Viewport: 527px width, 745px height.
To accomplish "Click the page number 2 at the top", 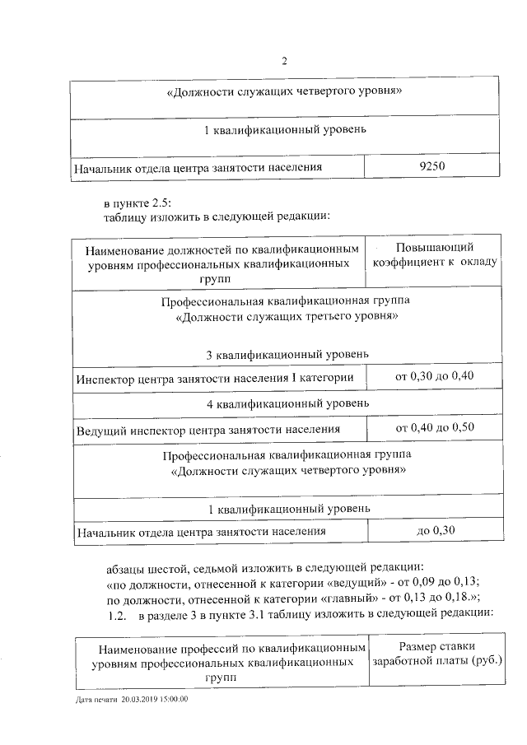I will (284, 60).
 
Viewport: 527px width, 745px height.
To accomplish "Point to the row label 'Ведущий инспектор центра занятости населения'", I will (208, 430).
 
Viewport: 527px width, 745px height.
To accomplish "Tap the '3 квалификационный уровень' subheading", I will (287, 354).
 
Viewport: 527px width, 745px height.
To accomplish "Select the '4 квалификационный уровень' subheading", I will (287, 403).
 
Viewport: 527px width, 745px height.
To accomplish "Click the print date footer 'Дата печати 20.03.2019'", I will (132, 699).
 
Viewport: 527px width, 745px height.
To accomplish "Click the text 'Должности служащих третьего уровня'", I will (286, 316).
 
